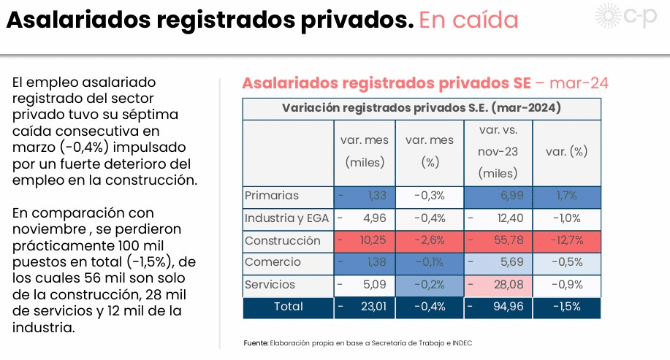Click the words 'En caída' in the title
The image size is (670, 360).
(x=468, y=20)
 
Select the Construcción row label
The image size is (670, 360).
(x=283, y=240)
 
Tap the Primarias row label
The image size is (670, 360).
(x=272, y=196)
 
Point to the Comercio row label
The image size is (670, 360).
(x=273, y=262)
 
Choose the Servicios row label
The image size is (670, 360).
(x=270, y=284)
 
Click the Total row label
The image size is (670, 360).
(x=288, y=307)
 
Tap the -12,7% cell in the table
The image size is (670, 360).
(x=566, y=240)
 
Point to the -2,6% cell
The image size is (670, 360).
(x=430, y=240)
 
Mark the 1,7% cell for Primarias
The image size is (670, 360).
(x=566, y=196)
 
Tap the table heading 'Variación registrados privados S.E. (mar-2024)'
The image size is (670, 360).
(x=421, y=108)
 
